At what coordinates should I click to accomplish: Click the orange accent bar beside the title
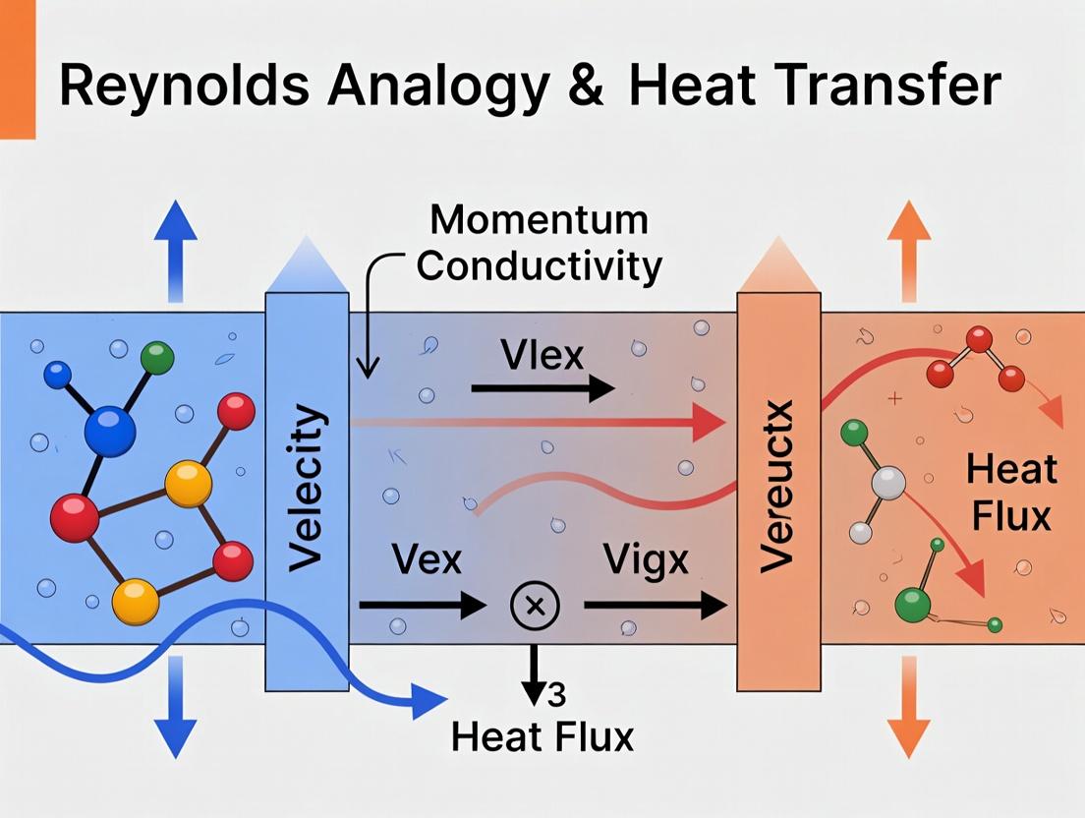(17, 69)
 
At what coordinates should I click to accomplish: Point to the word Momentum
(540, 219)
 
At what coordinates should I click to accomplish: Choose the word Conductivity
(540, 265)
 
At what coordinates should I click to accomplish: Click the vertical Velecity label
(307, 490)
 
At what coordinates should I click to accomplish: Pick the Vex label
(427, 561)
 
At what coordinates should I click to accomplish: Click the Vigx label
(647, 561)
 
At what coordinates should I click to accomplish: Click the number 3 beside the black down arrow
(555, 695)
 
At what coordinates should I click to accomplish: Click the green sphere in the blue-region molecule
(157, 357)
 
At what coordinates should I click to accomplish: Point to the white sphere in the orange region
(889, 484)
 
